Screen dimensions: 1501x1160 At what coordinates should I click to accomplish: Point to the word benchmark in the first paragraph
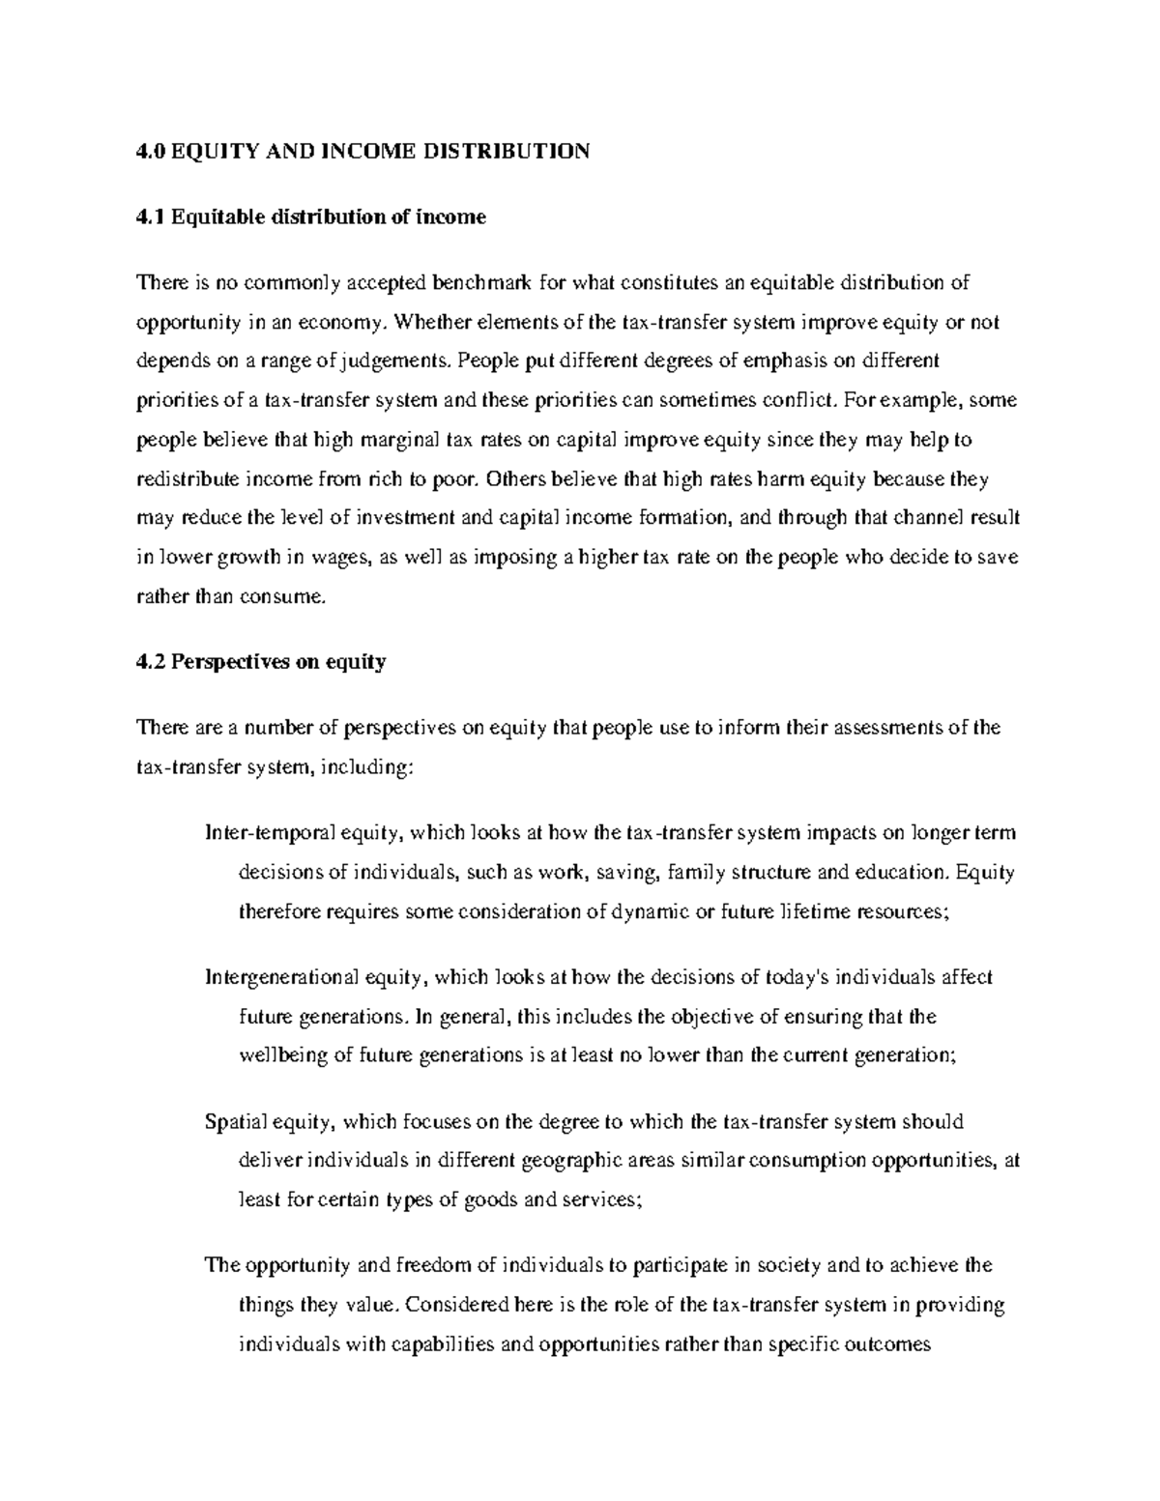(487, 283)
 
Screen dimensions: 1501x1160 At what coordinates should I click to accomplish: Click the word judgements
(398, 361)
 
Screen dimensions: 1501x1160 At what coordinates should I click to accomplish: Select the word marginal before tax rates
(374, 440)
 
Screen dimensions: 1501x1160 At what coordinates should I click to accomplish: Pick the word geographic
(571, 1161)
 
